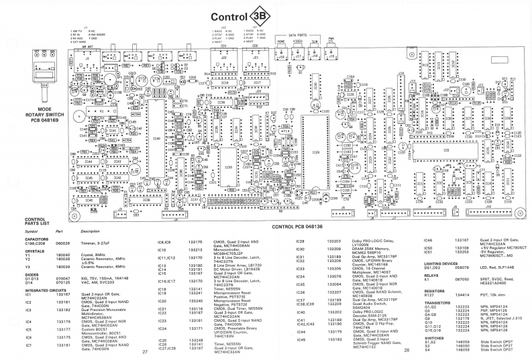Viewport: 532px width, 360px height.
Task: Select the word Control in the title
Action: (229, 17)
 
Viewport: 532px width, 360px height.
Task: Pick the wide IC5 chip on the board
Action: (447, 150)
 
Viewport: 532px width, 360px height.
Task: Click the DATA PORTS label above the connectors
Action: (303, 34)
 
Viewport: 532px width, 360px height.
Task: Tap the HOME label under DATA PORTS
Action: (281, 41)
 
